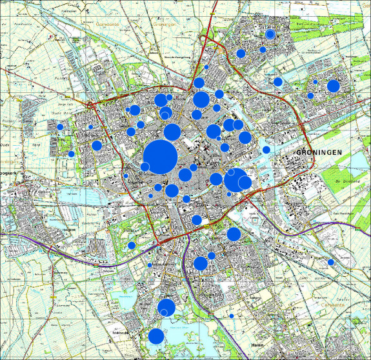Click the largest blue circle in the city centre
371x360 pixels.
coord(160,155)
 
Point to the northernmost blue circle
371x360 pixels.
coord(271,34)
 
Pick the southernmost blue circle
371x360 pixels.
coord(156,336)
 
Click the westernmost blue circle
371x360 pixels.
coord(60,126)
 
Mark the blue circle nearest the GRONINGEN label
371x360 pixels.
coord(266,150)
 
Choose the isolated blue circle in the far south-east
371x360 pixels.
coord(330,262)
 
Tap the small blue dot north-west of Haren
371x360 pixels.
coord(231,315)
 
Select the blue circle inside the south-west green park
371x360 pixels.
coord(131,245)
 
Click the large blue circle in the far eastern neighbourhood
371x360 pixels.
coord(334,86)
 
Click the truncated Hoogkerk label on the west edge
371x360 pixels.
coord(8,175)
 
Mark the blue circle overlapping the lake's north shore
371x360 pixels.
coord(166,307)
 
